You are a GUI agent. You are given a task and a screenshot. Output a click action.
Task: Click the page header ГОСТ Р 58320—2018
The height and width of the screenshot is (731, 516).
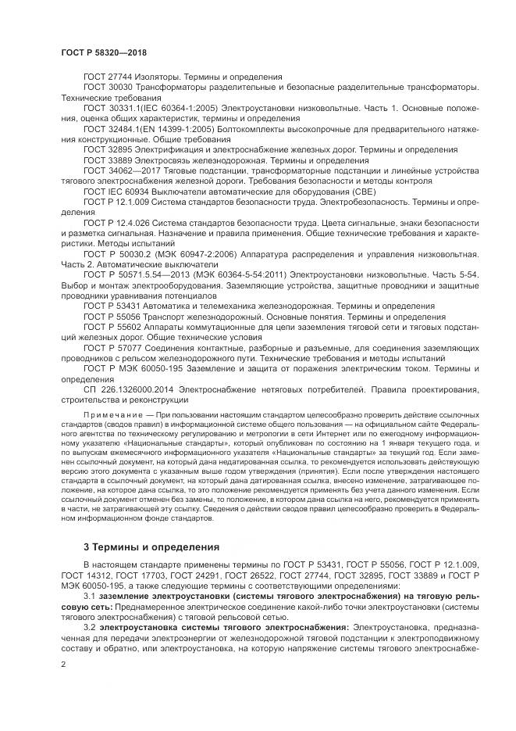(104, 52)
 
